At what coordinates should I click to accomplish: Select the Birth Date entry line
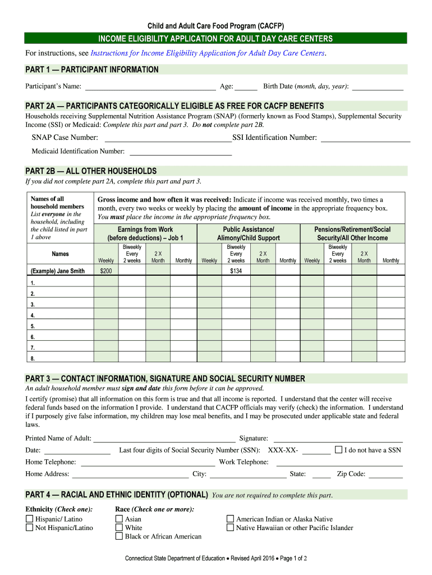(377, 86)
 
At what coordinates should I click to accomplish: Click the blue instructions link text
(208, 53)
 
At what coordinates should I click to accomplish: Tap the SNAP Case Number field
(168, 138)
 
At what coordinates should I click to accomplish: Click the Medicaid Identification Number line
(181, 152)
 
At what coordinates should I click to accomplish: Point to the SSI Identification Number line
(365, 138)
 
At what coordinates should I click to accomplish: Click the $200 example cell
(105, 271)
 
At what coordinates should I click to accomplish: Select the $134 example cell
(236, 271)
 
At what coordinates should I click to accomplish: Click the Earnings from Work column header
(145, 234)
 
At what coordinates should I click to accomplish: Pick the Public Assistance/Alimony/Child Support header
(249, 234)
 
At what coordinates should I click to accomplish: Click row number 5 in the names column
(33, 326)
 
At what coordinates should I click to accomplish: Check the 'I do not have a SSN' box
(338, 450)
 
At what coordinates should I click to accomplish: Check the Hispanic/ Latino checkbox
(30, 519)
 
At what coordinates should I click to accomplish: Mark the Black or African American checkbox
(119, 536)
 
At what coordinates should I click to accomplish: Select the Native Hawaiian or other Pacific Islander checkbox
(230, 528)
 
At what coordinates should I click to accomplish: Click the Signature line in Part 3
(337, 439)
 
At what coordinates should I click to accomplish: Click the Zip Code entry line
(385, 474)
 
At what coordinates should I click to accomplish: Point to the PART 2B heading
(91, 171)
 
